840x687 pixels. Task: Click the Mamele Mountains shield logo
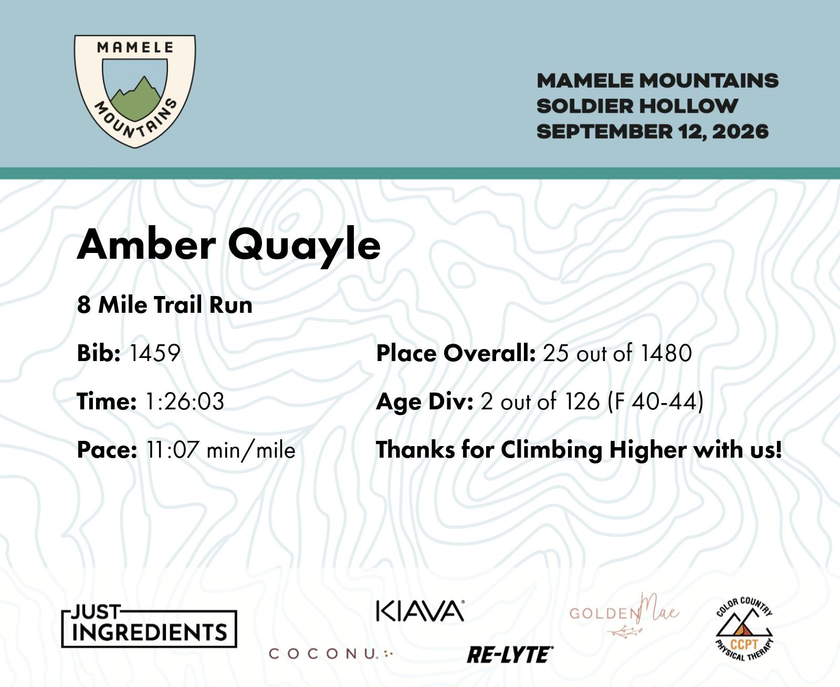134,91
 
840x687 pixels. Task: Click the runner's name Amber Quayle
228,245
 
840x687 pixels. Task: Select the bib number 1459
154,353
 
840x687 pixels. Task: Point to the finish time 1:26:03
185,401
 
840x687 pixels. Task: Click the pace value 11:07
172,450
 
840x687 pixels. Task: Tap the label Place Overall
456,353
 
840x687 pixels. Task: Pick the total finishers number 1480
666,353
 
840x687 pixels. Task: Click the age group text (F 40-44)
656,401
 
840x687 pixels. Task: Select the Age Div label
425,401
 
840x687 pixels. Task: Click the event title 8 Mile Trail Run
164,305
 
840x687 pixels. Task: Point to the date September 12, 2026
653,131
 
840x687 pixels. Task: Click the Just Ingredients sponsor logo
149,627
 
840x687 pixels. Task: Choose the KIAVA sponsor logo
420,611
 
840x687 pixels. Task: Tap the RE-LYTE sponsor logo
510,655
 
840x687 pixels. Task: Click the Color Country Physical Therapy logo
744,628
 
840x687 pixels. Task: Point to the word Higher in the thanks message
648,450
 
